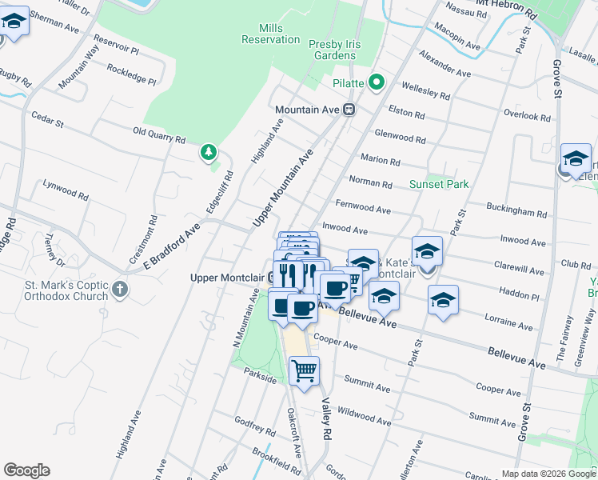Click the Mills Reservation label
tap(270, 33)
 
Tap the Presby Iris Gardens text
tap(332, 50)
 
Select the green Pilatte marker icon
tap(377, 82)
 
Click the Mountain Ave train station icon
tap(349, 110)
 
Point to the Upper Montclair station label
tap(228, 278)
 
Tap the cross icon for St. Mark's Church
tap(120, 289)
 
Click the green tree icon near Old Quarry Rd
tap(209, 151)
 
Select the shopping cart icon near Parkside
tap(304, 371)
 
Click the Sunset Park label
tap(438, 184)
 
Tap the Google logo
tap(26, 470)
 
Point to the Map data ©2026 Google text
tap(548, 474)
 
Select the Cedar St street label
tap(47, 121)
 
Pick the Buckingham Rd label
tap(517, 210)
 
